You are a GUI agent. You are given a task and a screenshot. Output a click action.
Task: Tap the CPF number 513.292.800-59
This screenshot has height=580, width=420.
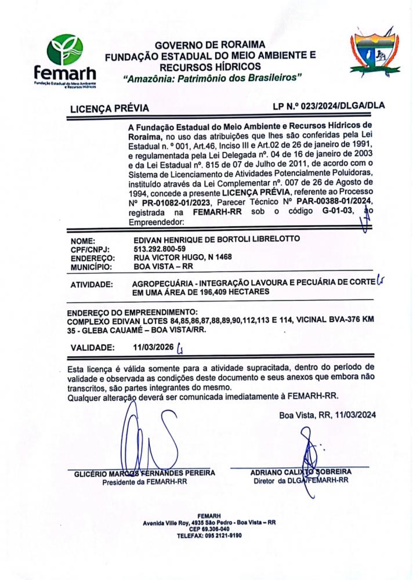[x=160, y=249]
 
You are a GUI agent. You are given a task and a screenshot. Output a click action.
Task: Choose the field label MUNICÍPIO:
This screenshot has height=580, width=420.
[x=91, y=266]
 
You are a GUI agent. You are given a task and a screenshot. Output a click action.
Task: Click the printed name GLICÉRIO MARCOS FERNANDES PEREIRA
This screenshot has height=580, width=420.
[x=144, y=473]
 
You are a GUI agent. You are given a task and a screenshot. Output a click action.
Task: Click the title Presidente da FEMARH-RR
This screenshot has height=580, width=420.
[x=144, y=481]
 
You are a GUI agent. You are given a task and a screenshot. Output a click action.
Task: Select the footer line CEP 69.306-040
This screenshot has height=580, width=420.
[x=209, y=529]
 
